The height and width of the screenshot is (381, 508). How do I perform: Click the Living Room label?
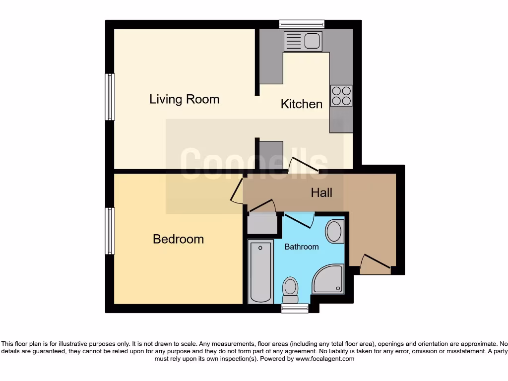point(184,99)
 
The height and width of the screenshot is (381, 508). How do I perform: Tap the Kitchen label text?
point(301,104)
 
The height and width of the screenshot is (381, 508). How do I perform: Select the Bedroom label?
point(178,239)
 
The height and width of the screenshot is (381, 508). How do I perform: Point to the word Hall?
point(321,192)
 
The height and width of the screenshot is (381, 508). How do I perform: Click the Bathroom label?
point(301,247)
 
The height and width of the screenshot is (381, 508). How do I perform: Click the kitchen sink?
point(303,41)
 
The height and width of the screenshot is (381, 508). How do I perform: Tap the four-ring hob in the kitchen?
point(341,96)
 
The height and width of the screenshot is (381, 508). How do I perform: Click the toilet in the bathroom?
point(290,289)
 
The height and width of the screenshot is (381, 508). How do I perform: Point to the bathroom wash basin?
point(334,232)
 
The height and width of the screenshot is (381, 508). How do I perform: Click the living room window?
point(110,97)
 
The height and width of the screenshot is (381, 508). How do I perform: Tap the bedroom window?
point(110,231)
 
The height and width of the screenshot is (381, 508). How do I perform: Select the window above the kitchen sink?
point(302,24)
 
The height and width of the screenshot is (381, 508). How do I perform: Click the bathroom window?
point(295,308)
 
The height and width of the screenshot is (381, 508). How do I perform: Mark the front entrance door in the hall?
point(375,264)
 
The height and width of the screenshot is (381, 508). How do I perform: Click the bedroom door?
point(237,191)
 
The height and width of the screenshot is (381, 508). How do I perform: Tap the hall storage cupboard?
point(262,223)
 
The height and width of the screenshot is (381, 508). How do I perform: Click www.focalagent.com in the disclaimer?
point(324,359)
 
